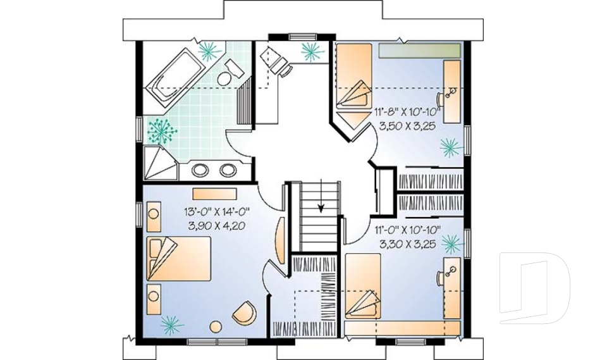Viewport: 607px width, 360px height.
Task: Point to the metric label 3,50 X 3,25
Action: click(x=407, y=125)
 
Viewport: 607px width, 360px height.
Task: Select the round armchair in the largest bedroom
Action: click(x=244, y=313)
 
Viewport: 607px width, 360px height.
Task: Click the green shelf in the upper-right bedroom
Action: click(x=419, y=51)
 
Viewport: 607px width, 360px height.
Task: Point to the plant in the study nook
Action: click(x=310, y=51)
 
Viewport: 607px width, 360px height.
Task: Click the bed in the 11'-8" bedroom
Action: click(x=352, y=79)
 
